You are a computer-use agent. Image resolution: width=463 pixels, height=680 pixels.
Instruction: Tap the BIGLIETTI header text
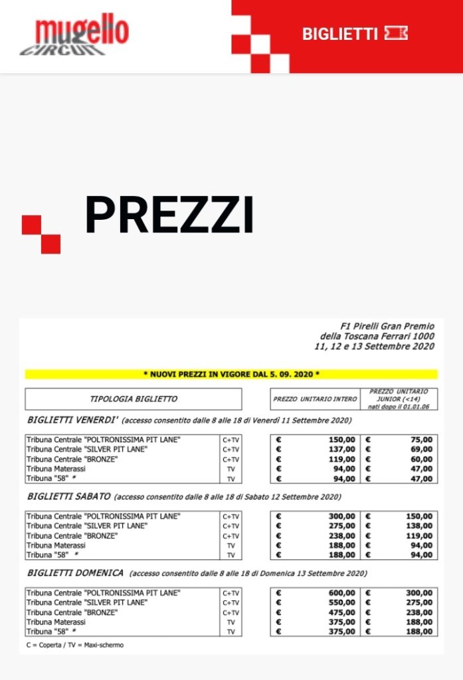click(339, 34)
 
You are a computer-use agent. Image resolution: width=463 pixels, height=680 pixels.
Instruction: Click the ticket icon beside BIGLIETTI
click(396, 34)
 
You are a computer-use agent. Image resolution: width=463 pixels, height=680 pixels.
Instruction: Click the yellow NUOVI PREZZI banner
click(231, 375)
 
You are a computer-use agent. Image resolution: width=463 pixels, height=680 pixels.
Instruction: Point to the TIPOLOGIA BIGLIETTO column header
click(134, 399)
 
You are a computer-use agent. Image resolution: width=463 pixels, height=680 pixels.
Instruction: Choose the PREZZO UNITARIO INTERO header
click(315, 399)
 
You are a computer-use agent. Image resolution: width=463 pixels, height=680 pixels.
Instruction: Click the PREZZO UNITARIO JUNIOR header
click(399, 399)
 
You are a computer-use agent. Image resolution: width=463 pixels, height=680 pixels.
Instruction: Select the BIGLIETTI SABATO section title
click(70, 497)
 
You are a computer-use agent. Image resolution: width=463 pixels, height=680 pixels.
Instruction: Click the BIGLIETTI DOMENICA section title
click(76, 572)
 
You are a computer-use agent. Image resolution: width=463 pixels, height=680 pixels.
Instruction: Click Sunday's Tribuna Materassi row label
click(56, 622)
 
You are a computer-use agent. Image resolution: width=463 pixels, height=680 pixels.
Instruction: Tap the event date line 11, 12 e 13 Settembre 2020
click(375, 346)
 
